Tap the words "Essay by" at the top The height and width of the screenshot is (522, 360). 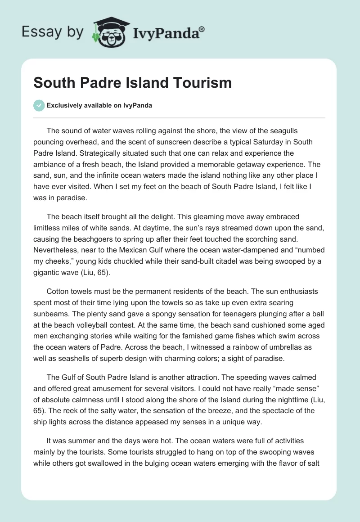pyautogui.click(x=53, y=32)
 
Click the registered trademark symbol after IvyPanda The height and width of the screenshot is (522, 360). pyautogui.click(x=202, y=30)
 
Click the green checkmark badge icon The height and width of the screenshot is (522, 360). pyautogui.click(x=39, y=105)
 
